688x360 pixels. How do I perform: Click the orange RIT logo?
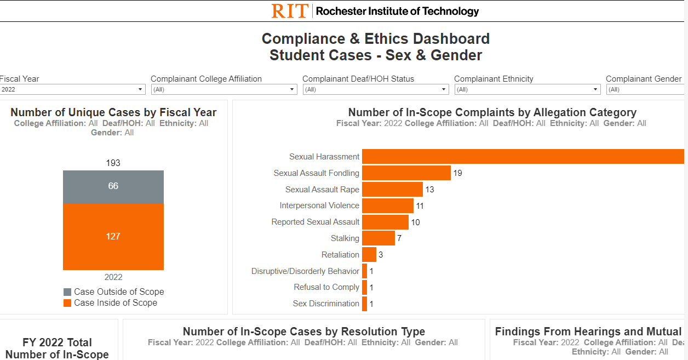290,11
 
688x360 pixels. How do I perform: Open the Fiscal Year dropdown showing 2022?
71,89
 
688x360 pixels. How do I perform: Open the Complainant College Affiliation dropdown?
224,89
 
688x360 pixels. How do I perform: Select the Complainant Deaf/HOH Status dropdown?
376,89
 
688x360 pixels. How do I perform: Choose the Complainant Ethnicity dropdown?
527,89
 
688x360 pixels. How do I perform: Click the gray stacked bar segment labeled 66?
113,186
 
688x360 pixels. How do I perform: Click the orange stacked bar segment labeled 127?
113,237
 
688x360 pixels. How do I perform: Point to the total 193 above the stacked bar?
113,163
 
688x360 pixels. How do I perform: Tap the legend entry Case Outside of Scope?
119,292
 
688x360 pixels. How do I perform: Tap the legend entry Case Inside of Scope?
116,303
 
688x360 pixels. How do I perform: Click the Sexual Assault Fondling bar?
406,173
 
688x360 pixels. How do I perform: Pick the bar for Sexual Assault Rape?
392,190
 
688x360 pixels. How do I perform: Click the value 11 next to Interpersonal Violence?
420,206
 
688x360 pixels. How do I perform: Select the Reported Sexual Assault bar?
385,222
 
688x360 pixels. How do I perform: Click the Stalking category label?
345,238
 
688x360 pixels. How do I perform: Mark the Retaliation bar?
369,255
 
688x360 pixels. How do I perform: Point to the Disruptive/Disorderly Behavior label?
305,271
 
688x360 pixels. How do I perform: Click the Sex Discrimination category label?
326,304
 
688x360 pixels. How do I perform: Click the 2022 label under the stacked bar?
113,277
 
